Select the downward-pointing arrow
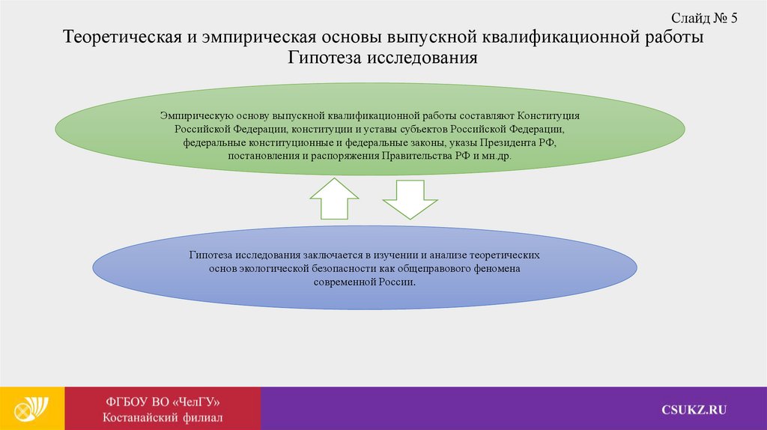coord(409,200)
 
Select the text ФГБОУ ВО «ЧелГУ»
coord(163,401)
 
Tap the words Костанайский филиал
coord(163,417)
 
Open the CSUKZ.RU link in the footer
coord(694,409)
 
